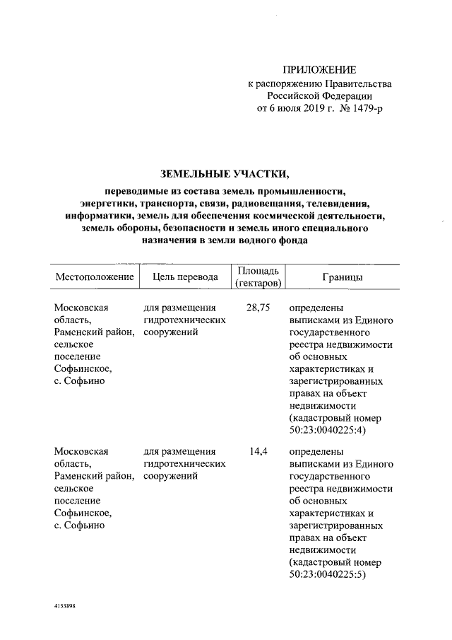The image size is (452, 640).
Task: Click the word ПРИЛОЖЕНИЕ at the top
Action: coord(319,69)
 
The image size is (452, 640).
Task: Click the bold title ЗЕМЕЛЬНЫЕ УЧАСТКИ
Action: coord(225,173)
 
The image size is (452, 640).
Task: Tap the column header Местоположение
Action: coord(95,277)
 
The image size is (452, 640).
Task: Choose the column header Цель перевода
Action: coord(185,277)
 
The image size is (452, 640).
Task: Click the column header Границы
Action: coord(343,277)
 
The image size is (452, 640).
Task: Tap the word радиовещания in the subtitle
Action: coord(263,204)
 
